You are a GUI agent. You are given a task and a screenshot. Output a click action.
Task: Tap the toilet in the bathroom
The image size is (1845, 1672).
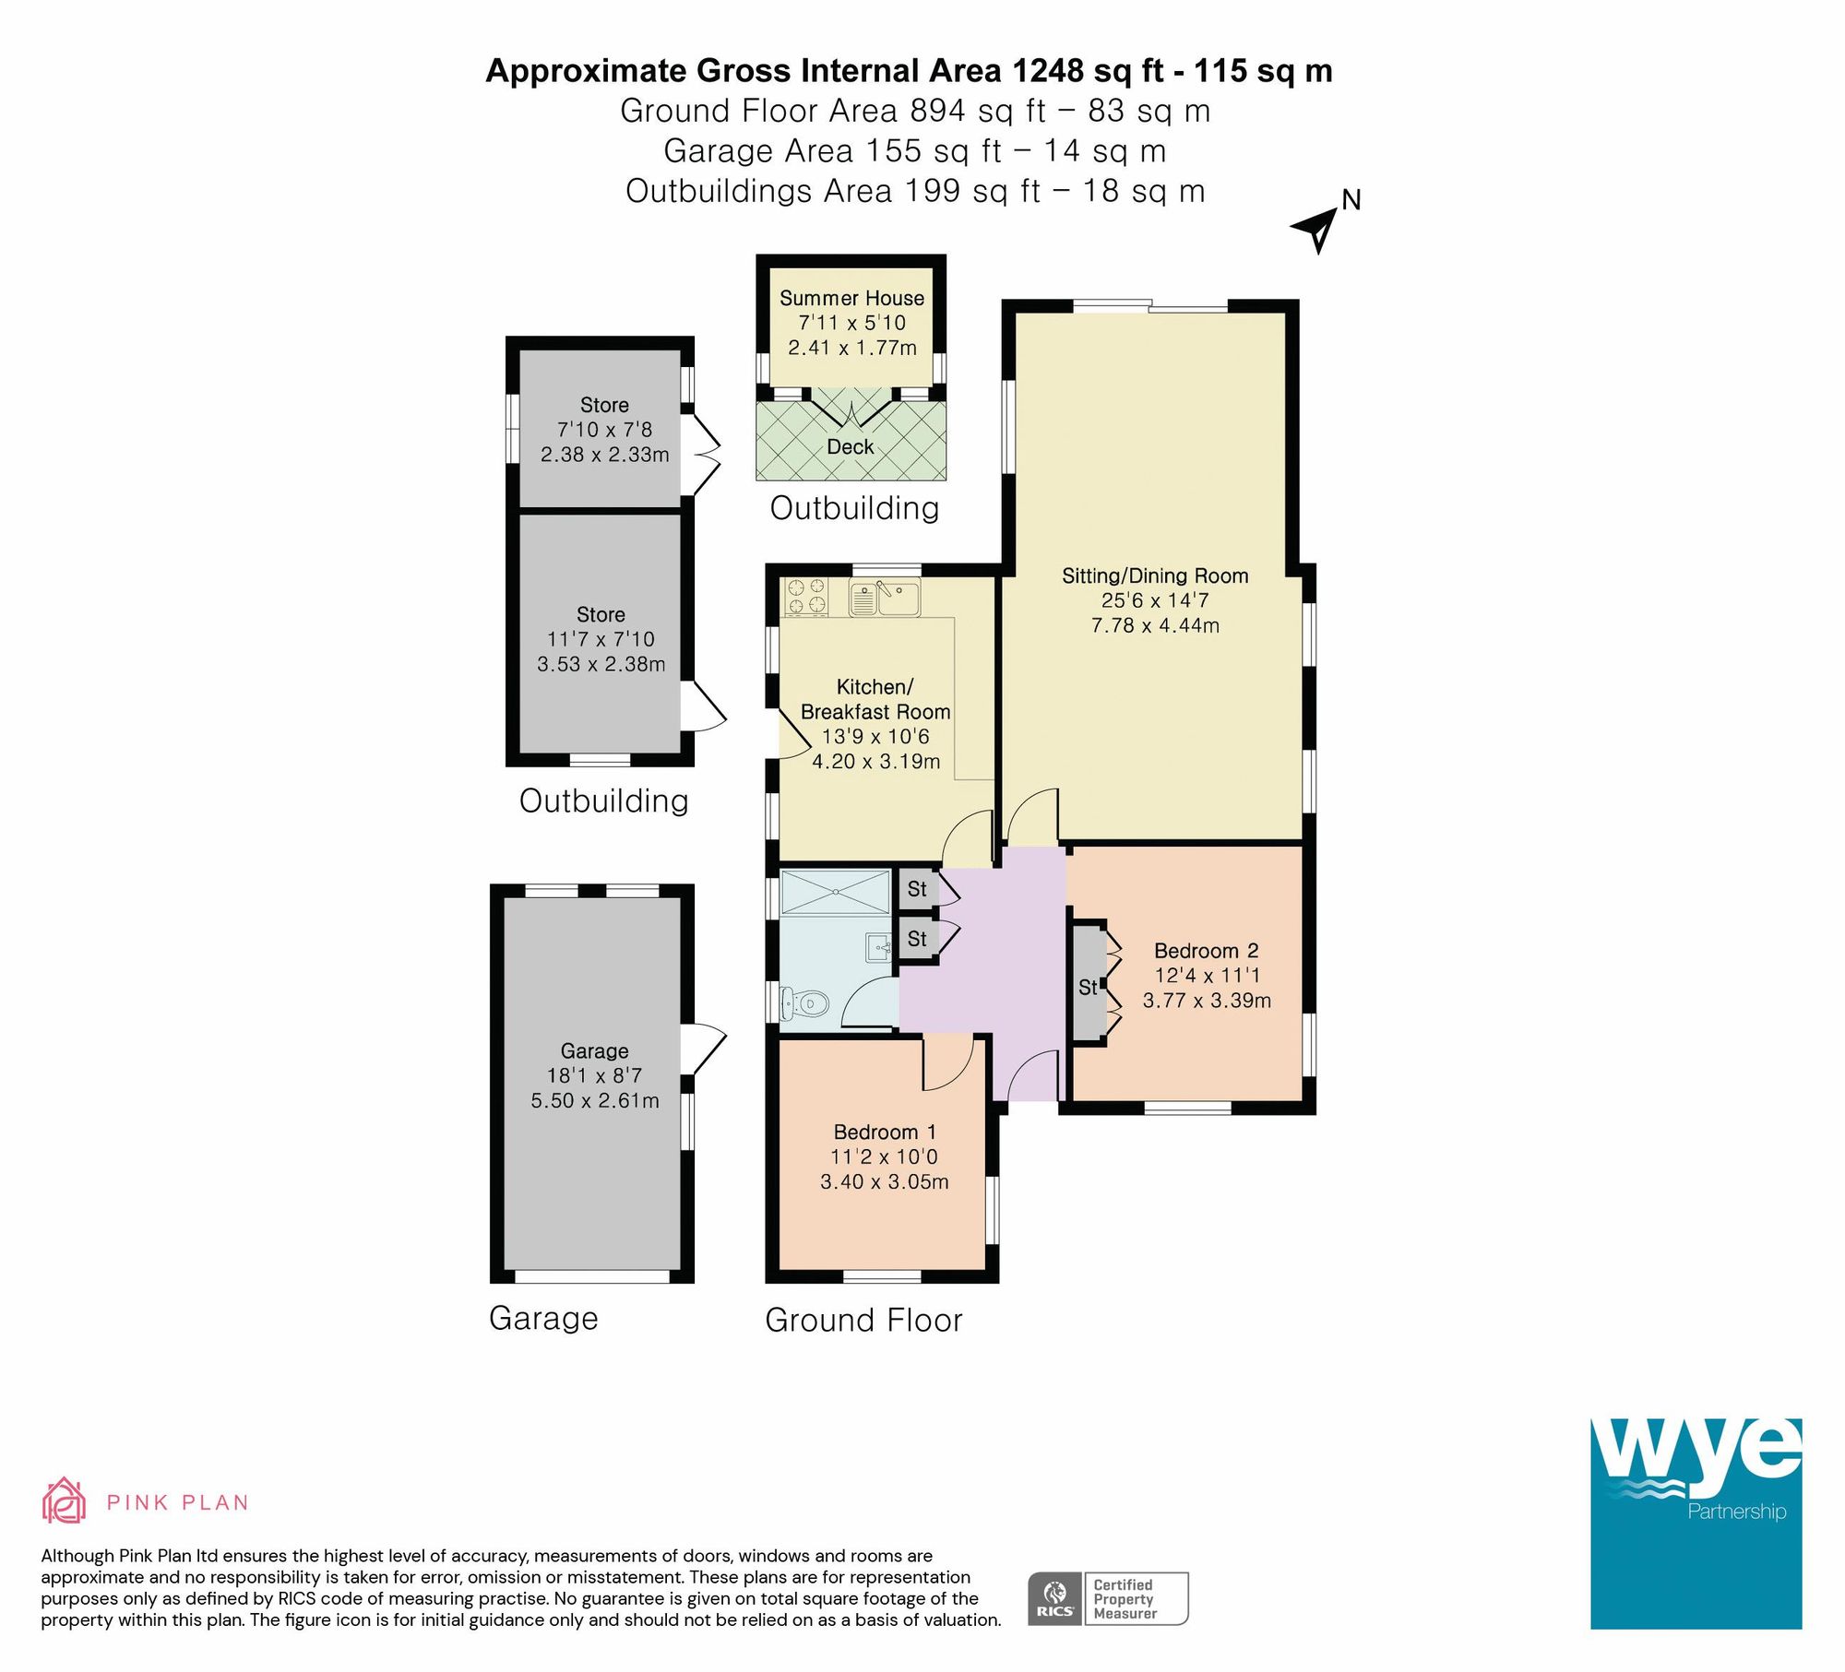(803, 1003)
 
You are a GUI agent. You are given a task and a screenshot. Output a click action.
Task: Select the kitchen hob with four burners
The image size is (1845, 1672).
(805, 596)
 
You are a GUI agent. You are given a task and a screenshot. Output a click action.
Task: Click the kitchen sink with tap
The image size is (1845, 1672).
(885, 598)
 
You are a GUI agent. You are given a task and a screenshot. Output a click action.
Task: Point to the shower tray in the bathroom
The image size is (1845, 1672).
(835, 892)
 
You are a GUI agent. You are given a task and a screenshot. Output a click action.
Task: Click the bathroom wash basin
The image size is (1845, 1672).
(880, 946)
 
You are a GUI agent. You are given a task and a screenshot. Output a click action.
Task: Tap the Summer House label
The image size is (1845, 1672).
(851, 298)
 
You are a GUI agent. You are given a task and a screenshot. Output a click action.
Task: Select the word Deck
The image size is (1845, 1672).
(850, 447)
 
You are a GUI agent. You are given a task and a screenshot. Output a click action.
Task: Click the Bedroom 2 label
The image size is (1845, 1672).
(1206, 951)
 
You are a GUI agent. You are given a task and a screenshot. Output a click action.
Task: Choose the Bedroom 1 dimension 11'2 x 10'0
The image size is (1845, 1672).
(884, 1156)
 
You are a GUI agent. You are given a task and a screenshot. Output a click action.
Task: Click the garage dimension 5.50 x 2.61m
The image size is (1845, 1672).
(595, 1100)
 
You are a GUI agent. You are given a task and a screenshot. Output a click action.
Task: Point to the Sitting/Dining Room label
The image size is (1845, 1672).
(1155, 575)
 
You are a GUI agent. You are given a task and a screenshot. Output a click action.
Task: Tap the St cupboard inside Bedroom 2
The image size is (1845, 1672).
(1089, 988)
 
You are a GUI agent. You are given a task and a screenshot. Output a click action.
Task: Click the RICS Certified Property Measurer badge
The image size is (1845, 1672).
(1108, 1599)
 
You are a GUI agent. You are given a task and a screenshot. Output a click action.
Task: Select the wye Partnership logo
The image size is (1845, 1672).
(1695, 1523)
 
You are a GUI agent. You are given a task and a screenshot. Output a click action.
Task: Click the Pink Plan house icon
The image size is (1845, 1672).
(64, 1500)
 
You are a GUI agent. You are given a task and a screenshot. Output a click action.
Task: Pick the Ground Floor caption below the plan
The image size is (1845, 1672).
(863, 1320)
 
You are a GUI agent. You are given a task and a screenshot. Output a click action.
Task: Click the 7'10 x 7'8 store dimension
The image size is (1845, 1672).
(604, 430)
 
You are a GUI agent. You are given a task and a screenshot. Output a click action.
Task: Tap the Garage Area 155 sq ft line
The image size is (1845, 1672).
(914, 150)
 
